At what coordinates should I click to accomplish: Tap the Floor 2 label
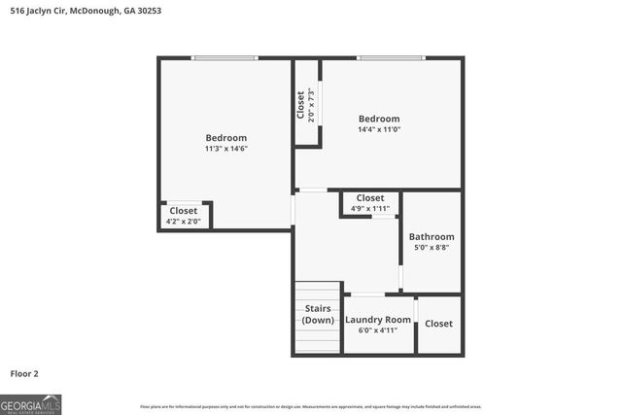point(24,372)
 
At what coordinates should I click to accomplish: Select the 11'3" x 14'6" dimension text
point(225,150)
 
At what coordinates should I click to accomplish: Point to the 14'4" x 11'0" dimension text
point(379,129)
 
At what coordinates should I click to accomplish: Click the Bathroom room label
point(431,236)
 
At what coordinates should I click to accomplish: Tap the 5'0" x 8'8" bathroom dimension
point(431,248)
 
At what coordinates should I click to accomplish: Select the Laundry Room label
point(378,320)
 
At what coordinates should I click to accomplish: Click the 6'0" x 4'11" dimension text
point(378,330)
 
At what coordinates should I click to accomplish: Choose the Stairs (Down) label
point(318,315)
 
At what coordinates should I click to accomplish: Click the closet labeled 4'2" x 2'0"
point(184,216)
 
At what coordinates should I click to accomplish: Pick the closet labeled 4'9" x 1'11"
point(369,203)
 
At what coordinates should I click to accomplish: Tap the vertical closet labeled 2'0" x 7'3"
point(306,104)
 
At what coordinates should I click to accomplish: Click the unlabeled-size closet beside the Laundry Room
point(438,324)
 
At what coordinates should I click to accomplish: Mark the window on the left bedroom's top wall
point(225,58)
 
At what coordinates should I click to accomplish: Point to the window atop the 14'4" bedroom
point(390,58)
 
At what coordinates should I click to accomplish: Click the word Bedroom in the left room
point(225,138)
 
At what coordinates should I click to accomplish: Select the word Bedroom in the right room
point(379,118)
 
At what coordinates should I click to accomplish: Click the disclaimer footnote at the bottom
point(311,406)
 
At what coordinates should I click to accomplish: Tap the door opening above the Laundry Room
point(367,294)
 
